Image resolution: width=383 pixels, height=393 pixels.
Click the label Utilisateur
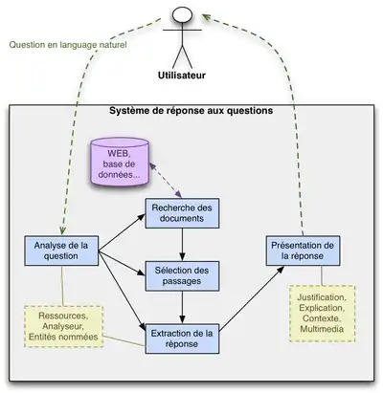tap(184, 76)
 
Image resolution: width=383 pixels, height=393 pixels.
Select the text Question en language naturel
tap(67, 44)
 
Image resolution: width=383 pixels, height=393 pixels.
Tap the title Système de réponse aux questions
tap(191, 111)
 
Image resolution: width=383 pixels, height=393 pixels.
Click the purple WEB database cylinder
tap(123, 163)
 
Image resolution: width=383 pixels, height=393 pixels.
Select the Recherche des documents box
tap(182, 214)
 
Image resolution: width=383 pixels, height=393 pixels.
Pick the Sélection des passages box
tap(182, 276)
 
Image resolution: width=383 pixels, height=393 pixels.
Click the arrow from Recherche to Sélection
tap(182, 245)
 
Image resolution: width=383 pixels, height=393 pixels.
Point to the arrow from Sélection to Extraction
tap(182, 308)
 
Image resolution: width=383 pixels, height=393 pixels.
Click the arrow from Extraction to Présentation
tap(253, 300)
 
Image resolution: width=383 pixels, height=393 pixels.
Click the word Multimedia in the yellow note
tap(322, 330)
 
